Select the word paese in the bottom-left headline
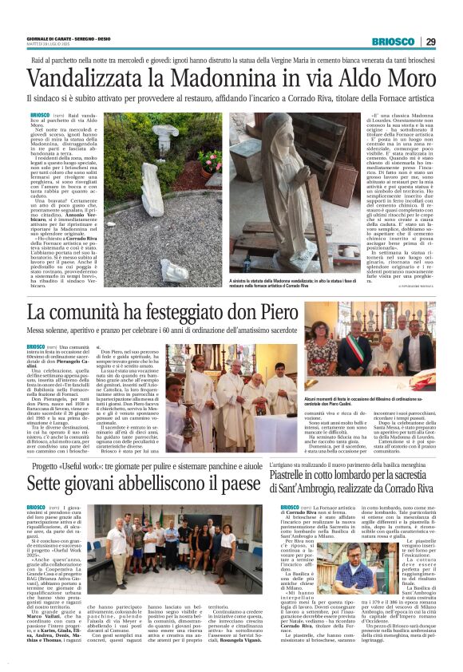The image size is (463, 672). tap(239, 484)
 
